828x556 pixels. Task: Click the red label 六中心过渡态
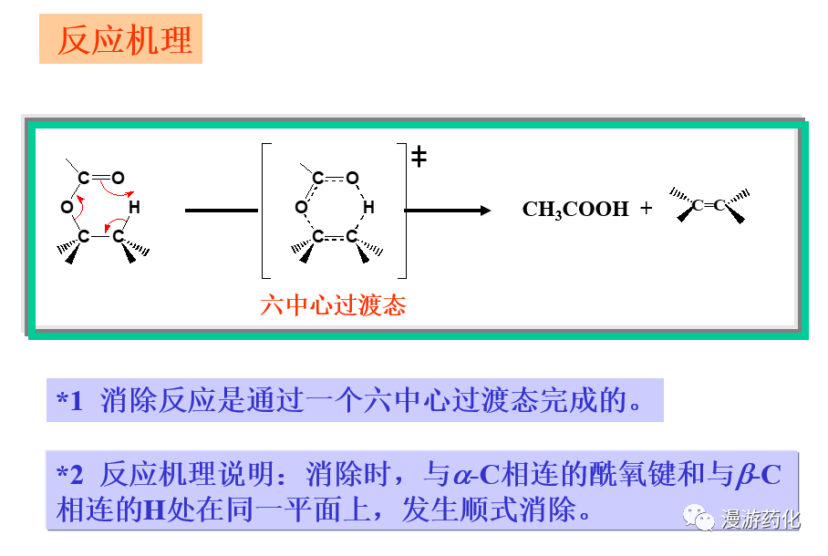click(333, 305)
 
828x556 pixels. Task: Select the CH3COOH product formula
click(575, 210)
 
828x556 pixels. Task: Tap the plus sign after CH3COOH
click(646, 209)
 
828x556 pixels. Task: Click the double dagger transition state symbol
click(419, 157)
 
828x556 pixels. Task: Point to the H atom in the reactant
click(134, 208)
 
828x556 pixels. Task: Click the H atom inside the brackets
click(368, 208)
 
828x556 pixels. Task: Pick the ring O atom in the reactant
click(67, 208)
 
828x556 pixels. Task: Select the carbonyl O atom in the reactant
click(118, 178)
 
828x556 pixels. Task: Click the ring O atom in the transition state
click(301, 208)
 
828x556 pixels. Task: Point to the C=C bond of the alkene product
click(709, 205)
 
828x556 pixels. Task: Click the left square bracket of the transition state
click(264, 210)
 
